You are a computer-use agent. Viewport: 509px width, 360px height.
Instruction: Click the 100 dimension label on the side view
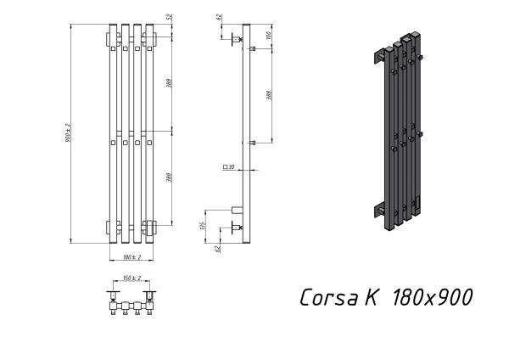[268, 36]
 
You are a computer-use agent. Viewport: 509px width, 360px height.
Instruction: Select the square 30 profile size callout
[228, 168]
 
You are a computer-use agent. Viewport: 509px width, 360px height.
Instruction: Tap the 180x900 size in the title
[430, 297]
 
